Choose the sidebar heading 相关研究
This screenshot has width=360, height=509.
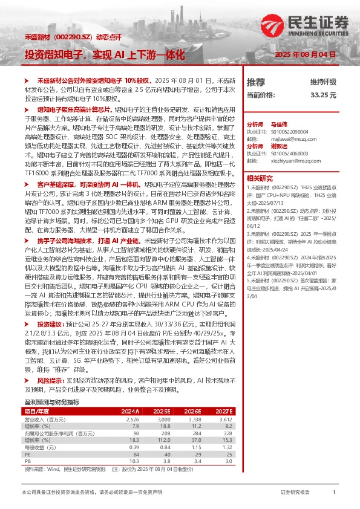pyautogui.click(x=260, y=178)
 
